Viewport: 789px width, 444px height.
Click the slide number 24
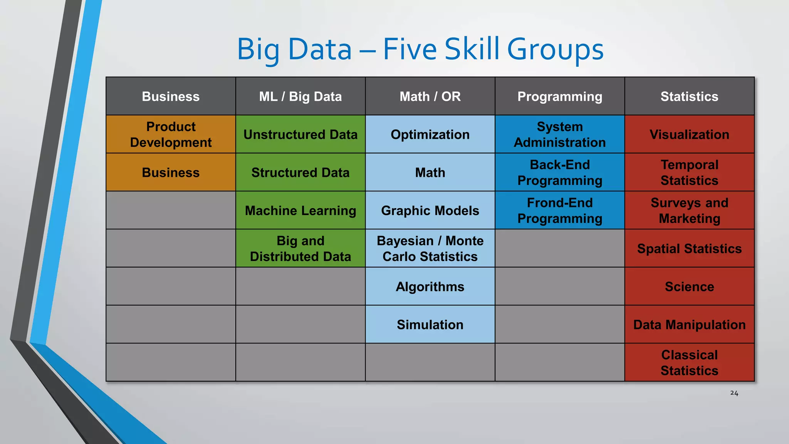(x=734, y=393)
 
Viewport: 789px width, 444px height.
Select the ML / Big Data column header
(x=300, y=96)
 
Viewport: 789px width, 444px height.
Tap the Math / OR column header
(x=430, y=96)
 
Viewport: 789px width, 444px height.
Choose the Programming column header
(x=559, y=96)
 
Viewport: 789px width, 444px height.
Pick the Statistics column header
(x=689, y=96)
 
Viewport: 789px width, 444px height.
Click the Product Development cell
(x=171, y=134)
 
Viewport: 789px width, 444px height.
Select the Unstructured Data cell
(x=300, y=134)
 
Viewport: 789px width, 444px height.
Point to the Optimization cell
(x=430, y=134)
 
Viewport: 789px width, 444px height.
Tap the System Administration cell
(x=559, y=134)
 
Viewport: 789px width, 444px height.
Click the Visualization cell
(x=689, y=134)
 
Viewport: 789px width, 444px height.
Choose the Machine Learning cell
(x=300, y=210)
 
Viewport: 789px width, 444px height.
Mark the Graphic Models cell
(x=430, y=210)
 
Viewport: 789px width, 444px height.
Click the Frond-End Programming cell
(x=559, y=210)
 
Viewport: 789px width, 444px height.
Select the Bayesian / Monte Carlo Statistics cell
(x=430, y=248)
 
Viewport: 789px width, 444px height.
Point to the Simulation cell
(x=430, y=325)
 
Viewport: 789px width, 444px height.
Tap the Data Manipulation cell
(x=689, y=325)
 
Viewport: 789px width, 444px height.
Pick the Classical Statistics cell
(x=689, y=362)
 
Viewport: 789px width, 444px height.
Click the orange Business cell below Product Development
(x=171, y=172)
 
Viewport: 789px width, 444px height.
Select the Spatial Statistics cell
(x=689, y=248)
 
